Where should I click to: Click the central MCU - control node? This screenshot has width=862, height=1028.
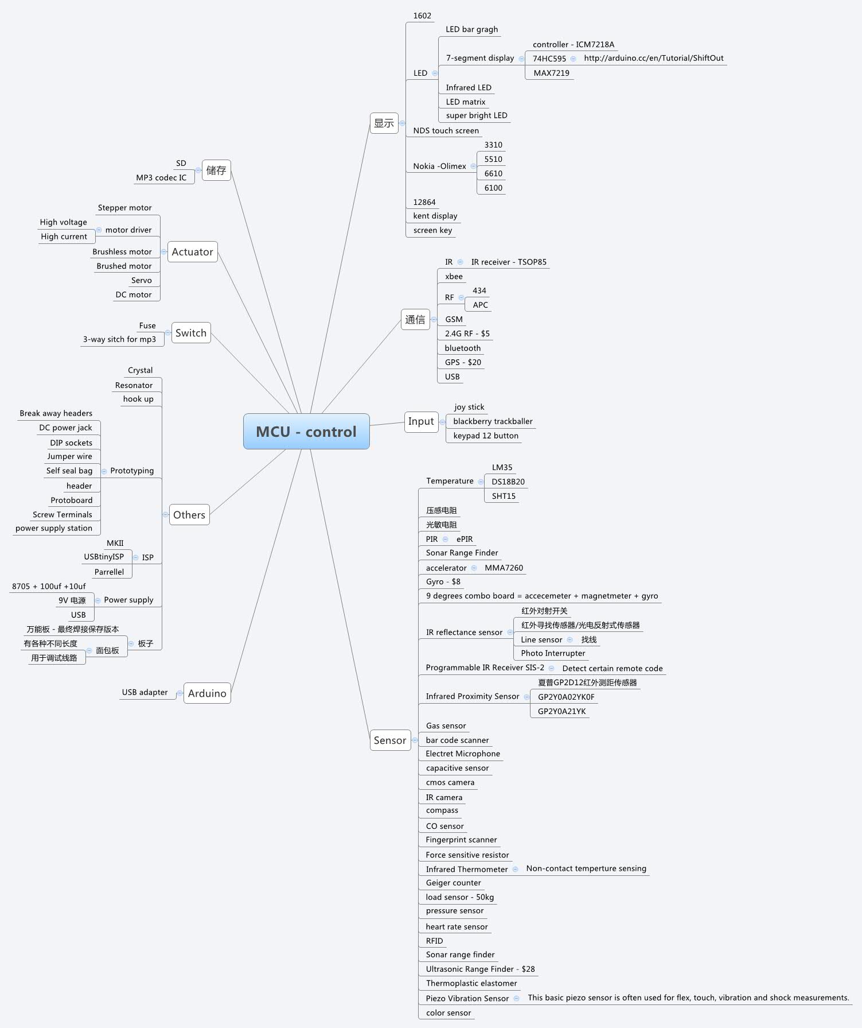tap(306, 432)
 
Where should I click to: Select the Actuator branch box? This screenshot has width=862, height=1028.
tap(192, 252)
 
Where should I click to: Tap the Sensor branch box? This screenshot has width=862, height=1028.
tap(390, 740)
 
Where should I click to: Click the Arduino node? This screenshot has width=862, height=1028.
tap(207, 693)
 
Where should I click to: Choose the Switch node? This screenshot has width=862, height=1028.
tap(191, 333)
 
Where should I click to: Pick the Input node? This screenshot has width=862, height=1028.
tap(421, 422)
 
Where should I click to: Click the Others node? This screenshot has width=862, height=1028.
tap(189, 515)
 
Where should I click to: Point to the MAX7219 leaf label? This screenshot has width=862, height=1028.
tap(551, 73)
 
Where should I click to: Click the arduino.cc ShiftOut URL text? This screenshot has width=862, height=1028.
tap(653, 58)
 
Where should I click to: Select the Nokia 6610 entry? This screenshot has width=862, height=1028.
tap(493, 173)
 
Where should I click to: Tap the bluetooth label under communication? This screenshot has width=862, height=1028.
tap(462, 348)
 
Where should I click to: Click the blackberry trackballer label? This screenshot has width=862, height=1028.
tap(493, 421)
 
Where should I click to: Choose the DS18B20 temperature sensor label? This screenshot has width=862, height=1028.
tap(508, 482)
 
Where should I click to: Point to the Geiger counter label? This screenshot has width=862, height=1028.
tap(453, 883)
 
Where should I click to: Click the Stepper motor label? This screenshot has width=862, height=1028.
tap(124, 208)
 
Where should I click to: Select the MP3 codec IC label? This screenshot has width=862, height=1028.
tap(161, 178)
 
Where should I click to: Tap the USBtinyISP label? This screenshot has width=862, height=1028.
tap(104, 557)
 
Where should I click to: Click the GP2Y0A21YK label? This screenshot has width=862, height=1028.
tap(561, 711)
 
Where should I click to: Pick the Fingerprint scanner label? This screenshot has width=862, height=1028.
tap(461, 840)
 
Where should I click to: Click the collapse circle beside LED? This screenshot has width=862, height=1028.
tap(435, 73)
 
